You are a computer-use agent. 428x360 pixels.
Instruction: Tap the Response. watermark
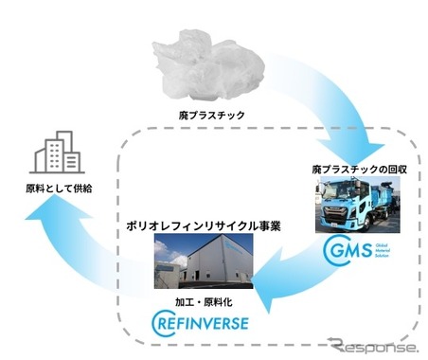(373, 343)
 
